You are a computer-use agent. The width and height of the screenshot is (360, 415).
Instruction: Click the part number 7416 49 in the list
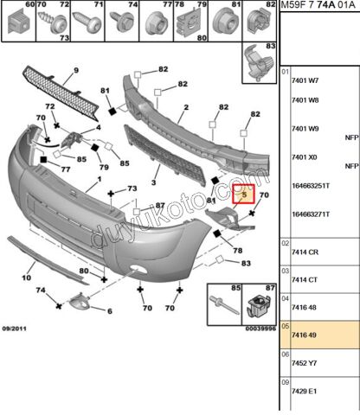tap(304, 335)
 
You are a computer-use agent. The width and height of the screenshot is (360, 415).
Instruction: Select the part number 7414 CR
tap(305, 252)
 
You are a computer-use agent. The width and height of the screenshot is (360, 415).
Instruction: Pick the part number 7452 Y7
tap(304, 363)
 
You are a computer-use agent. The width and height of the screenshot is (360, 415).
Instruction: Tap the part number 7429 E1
tap(304, 392)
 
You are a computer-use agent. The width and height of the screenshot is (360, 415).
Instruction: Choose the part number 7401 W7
tap(305, 80)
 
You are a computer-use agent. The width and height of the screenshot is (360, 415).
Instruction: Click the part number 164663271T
tap(311, 214)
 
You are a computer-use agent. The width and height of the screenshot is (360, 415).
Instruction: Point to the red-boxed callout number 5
tap(244, 195)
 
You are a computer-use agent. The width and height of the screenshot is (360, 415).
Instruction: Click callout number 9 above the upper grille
tap(76, 70)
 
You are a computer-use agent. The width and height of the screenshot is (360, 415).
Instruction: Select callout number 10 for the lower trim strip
tap(26, 278)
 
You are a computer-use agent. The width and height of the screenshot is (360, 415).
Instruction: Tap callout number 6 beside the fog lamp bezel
tap(110, 311)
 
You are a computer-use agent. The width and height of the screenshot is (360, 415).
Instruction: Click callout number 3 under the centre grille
tap(153, 182)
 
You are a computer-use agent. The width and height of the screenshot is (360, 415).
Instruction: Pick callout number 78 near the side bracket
tap(238, 251)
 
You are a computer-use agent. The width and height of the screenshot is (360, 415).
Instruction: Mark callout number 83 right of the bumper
tap(246, 263)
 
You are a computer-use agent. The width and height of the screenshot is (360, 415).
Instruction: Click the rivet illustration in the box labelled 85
tap(224, 305)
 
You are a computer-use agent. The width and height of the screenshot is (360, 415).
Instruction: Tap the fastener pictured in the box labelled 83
tap(259, 62)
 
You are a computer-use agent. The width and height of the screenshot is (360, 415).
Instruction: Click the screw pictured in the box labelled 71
tap(87, 22)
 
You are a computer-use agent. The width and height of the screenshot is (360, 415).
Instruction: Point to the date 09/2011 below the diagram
tap(14, 329)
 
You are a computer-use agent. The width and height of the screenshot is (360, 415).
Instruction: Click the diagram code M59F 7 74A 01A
tap(318, 5)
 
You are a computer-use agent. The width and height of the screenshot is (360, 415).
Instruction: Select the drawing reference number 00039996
tap(260, 329)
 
